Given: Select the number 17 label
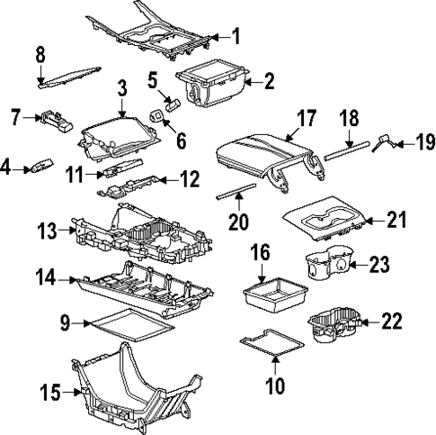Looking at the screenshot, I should [x=306, y=118].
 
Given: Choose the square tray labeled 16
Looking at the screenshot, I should [x=274, y=294].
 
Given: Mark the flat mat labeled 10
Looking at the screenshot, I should [x=272, y=342].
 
